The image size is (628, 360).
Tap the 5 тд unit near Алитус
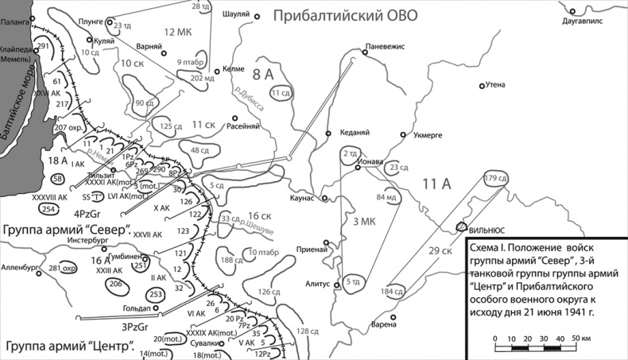(x=355, y=282)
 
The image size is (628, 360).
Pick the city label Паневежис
(x=384, y=46)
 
